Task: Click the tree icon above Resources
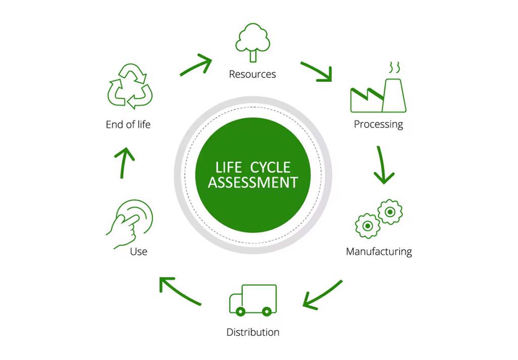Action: point(253,42)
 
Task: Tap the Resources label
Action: point(252,74)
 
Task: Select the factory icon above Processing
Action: point(378,96)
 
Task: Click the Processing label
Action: point(378,124)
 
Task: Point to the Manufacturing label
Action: point(379,252)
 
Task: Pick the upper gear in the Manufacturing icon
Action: point(390,212)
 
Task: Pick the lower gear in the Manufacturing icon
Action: point(367,226)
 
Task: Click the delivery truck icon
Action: point(253,300)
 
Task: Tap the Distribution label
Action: point(253,332)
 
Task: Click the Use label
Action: point(139,252)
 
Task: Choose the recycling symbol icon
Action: point(130,86)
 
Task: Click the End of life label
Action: point(128,124)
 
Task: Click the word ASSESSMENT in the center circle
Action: point(253,183)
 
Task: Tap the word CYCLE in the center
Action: point(270,167)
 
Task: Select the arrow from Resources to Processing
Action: point(317,71)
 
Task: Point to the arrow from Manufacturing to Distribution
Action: point(322,295)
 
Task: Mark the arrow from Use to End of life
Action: point(123,162)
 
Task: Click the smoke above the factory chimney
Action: point(395,67)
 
